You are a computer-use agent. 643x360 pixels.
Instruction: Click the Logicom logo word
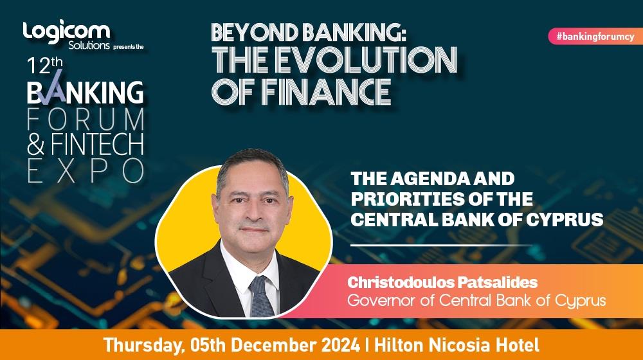coord(66,32)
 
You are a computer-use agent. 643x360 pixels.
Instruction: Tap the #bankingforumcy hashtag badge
coord(595,37)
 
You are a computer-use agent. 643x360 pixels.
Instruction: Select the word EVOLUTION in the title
coord(366,60)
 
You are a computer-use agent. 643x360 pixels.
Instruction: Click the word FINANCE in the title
coord(325,91)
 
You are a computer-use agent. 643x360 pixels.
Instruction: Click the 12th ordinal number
coord(45,66)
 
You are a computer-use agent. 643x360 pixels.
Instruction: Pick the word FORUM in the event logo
coord(86,120)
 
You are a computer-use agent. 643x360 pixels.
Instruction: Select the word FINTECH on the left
coord(97,145)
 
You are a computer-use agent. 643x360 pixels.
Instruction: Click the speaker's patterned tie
coord(261,297)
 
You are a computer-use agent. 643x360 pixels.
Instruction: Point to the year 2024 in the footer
coord(340,345)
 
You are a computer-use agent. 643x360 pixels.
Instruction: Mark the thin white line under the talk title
coord(442,245)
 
